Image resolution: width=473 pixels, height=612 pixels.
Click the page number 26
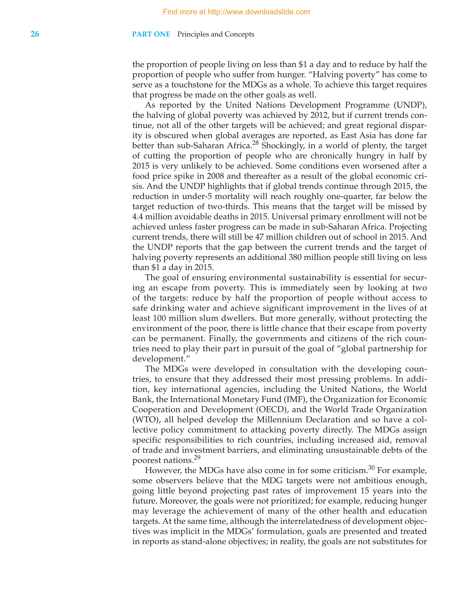coord(35,34)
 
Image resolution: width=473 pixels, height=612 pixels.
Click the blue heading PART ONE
coord(151,34)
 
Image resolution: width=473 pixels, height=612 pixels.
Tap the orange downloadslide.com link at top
coord(236,12)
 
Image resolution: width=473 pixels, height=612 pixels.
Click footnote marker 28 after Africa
coord(255,143)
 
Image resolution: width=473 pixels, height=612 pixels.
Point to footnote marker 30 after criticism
coord(372,468)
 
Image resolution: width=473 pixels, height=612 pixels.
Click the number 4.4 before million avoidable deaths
coord(138,217)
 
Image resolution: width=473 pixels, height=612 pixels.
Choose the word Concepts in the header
coord(239,34)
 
